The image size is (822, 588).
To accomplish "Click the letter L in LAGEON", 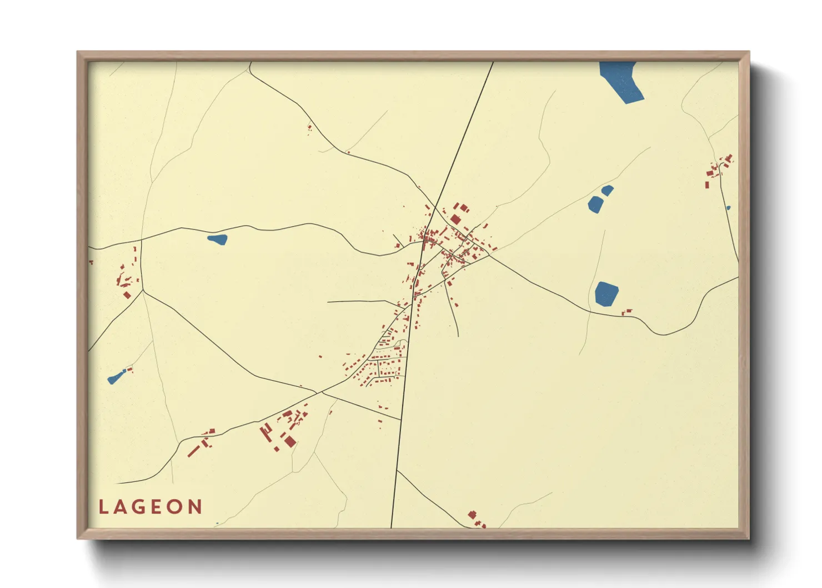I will [x=103, y=507].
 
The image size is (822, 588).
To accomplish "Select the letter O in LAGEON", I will [x=174, y=507].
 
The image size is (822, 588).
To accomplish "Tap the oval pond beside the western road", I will [x=217, y=240].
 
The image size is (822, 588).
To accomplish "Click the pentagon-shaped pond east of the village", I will [x=607, y=293].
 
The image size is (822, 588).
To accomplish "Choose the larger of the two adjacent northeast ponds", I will [x=595, y=205].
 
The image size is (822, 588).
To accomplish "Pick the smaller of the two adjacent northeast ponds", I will [x=608, y=191].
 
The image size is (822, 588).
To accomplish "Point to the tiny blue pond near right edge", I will [x=728, y=208].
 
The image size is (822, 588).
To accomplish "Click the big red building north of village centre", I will [x=455, y=219].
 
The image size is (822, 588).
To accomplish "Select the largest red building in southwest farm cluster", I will [x=290, y=441].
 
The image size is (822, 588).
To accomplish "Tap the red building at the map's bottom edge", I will [x=472, y=515].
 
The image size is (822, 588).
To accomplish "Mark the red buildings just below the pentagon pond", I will [x=627, y=312].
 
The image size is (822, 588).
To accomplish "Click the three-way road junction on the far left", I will [x=143, y=290].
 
